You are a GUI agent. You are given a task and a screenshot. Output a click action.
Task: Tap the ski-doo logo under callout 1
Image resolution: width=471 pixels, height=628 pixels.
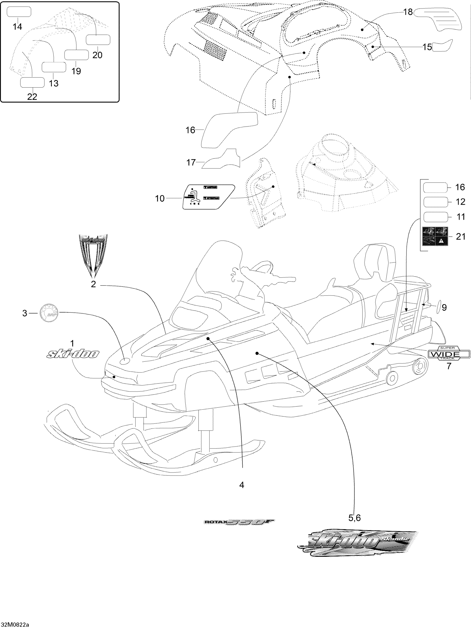(x=73, y=354)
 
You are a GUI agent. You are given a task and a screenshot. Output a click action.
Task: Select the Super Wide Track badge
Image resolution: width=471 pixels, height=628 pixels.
(x=449, y=353)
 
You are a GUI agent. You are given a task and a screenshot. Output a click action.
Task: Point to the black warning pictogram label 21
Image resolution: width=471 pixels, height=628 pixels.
(x=435, y=236)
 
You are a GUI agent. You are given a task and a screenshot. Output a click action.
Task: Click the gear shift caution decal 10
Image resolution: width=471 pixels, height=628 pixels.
(x=209, y=197)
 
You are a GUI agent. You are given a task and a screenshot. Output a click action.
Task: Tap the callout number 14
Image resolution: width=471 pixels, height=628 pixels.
(x=17, y=27)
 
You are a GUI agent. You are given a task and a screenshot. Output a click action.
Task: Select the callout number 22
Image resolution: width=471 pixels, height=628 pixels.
(x=32, y=97)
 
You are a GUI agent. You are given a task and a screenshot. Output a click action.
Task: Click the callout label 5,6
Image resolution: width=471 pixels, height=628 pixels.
(x=355, y=518)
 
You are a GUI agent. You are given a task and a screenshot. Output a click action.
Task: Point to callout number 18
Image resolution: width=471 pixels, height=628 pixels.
(x=408, y=12)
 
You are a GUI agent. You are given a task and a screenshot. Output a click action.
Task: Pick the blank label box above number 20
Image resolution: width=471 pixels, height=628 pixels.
(x=98, y=40)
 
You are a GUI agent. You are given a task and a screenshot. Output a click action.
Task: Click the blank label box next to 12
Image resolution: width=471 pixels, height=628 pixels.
(x=436, y=202)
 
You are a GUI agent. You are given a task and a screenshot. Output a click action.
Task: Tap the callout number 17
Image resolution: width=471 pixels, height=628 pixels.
(x=191, y=162)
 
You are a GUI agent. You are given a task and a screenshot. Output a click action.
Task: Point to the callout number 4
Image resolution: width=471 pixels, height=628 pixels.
(x=242, y=485)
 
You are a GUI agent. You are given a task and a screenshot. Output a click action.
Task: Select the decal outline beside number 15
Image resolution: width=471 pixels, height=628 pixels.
(x=442, y=45)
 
